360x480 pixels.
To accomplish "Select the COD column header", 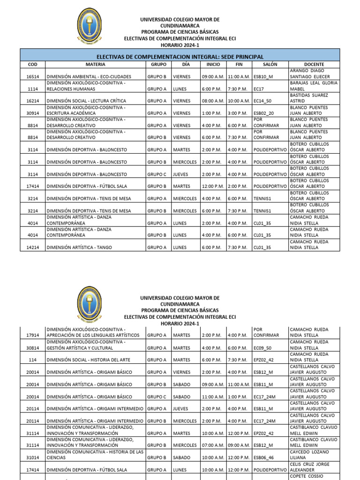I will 32,64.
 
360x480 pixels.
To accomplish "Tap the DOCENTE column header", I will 314,64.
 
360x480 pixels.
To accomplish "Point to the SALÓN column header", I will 270,64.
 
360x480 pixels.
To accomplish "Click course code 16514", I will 32,76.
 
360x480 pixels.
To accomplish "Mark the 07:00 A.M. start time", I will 213,445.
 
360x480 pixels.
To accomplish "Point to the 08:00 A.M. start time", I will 213,101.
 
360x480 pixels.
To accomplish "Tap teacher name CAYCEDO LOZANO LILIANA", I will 309,455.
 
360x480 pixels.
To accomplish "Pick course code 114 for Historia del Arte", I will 32,360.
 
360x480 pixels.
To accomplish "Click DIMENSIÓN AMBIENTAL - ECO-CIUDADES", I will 88,76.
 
